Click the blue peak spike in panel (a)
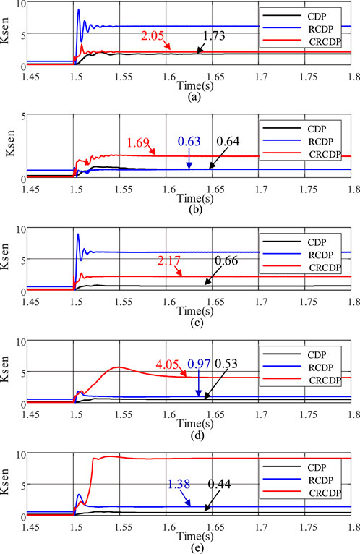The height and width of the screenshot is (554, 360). [78, 10]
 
